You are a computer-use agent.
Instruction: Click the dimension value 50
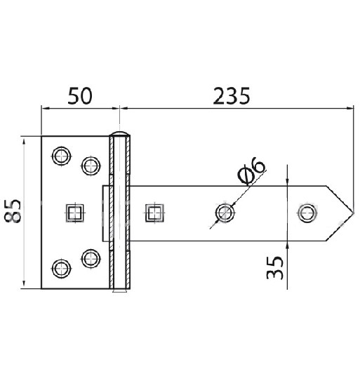[x=79, y=95]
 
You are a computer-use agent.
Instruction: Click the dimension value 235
[x=229, y=95]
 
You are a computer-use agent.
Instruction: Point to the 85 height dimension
[x=13, y=212]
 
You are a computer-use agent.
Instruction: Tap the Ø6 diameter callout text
[x=251, y=172]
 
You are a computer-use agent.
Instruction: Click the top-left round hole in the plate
[x=61, y=155]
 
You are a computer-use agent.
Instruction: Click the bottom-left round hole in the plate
[x=61, y=268]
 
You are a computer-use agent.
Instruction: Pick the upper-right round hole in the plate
[x=91, y=165]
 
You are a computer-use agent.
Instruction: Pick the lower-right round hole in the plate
[x=91, y=257]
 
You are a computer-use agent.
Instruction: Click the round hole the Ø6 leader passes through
[x=225, y=212]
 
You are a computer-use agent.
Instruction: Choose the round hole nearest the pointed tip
[x=307, y=212]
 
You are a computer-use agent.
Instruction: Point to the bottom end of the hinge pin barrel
[x=119, y=288]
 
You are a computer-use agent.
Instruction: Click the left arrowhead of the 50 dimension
[x=44, y=109]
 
